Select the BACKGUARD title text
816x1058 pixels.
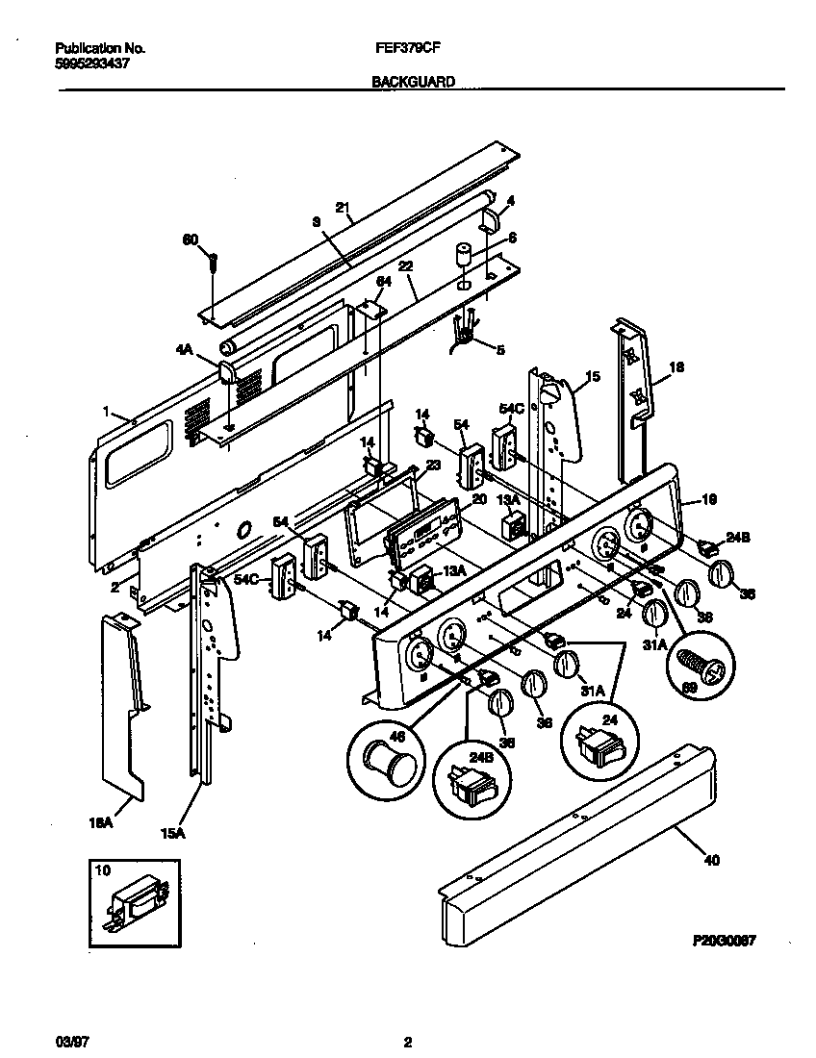coord(414,83)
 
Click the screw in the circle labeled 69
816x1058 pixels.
coord(699,668)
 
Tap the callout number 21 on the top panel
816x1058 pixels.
coord(341,207)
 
